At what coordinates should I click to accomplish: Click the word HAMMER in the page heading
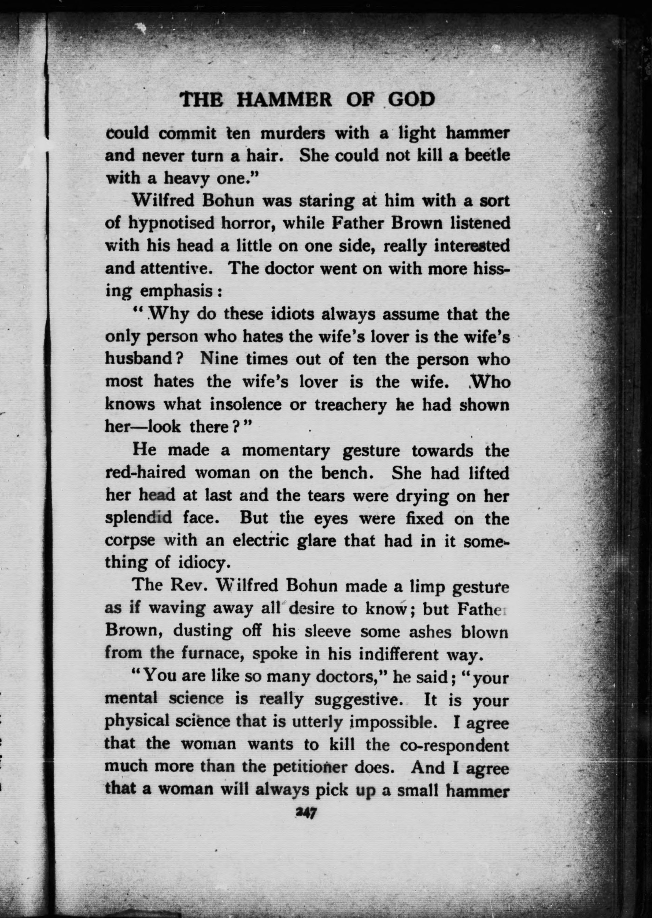click(x=284, y=100)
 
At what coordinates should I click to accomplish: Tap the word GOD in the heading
click(x=411, y=100)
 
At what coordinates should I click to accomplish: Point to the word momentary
click(x=285, y=450)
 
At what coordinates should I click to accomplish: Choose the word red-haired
click(x=145, y=473)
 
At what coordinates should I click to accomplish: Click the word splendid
click(x=138, y=518)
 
